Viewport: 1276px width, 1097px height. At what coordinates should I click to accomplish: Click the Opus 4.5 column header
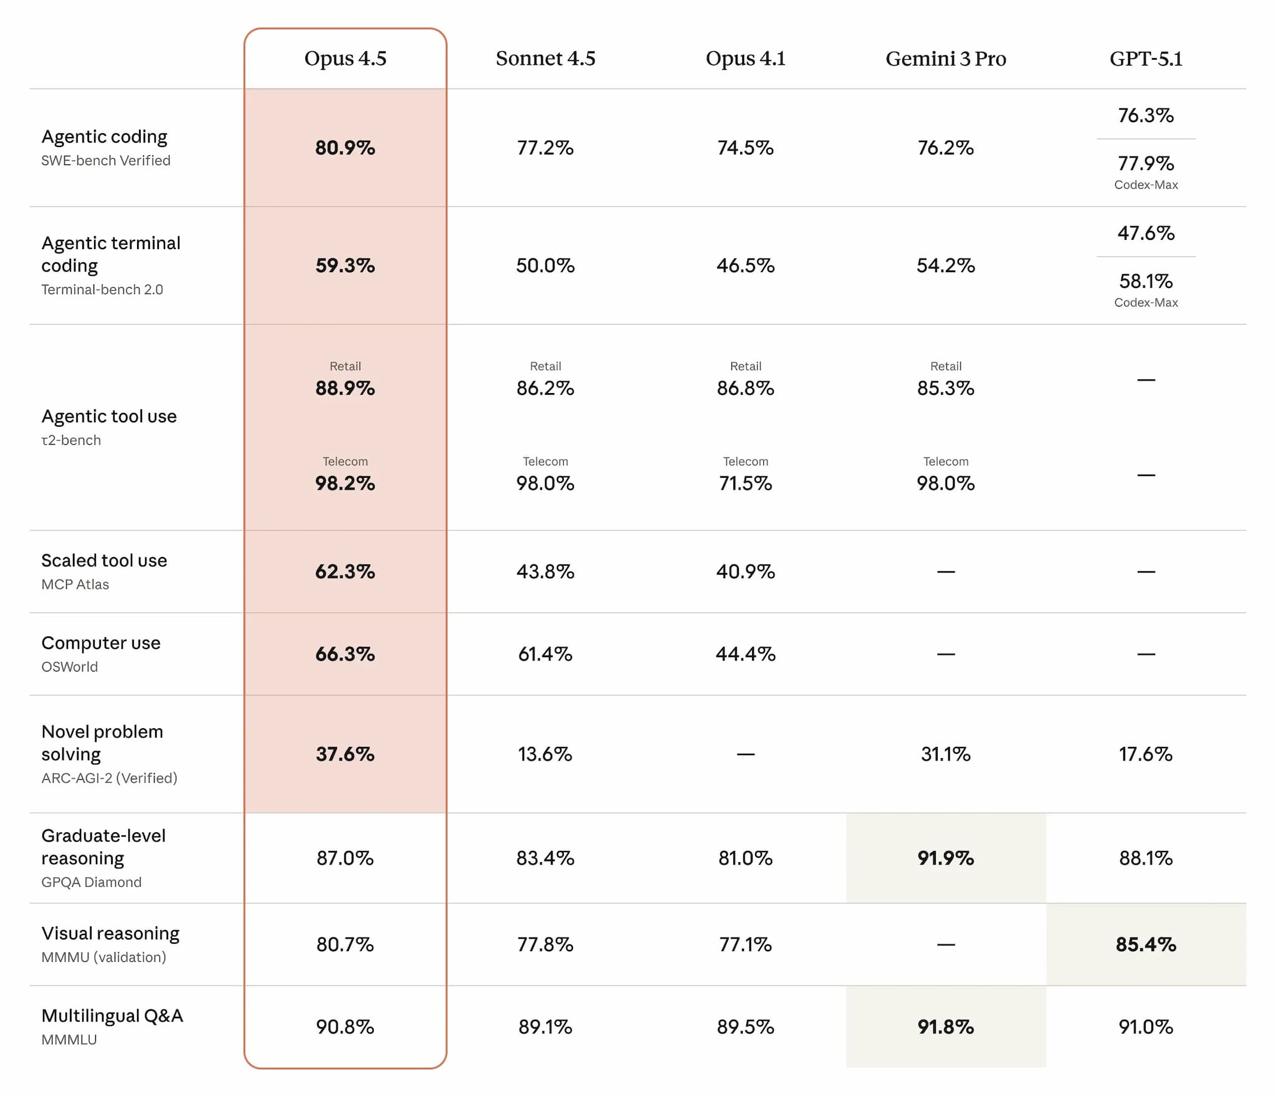click(x=345, y=59)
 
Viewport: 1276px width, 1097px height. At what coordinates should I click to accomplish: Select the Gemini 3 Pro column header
click(x=945, y=59)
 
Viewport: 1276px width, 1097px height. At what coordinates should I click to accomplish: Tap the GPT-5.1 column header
click(x=1145, y=59)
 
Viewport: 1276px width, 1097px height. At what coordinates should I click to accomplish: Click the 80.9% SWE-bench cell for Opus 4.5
click(x=345, y=148)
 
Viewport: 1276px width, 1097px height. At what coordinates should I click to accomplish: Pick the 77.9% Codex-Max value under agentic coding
click(x=1145, y=164)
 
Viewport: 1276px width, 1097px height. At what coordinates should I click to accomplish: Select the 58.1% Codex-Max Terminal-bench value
click(x=1145, y=282)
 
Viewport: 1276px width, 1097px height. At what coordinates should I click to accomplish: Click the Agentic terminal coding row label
click(x=111, y=254)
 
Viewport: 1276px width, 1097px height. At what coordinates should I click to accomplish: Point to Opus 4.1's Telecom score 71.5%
click(x=745, y=483)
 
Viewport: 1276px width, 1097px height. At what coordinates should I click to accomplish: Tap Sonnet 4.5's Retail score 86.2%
click(x=545, y=388)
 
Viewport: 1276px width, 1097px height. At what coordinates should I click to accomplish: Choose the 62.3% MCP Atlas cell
click(x=345, y=571)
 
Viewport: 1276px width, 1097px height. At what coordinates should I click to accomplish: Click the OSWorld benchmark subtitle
click(x=70, y=667)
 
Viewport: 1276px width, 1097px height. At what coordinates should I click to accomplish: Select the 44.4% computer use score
click(x=745, y=654)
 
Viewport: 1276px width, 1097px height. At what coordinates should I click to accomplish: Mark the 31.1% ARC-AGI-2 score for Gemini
click(x=945, y=754)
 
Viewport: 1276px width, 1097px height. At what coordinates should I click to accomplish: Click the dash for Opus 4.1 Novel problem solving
click(x=745, y=754)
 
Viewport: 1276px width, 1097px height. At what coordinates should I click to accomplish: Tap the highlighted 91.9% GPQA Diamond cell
click(x=945, y=858)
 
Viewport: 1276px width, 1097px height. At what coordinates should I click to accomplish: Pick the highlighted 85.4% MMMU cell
click(x=1145, y=944)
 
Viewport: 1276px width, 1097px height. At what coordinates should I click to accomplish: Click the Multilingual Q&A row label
click(x=112, y=1015)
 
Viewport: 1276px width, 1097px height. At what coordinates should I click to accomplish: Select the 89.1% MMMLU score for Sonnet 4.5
click(x=545, y=1027)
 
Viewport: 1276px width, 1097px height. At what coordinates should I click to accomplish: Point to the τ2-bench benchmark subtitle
click(x=71, y=440)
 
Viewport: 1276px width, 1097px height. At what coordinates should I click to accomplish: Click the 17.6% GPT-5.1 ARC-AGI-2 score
click(x=1145, y=754)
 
